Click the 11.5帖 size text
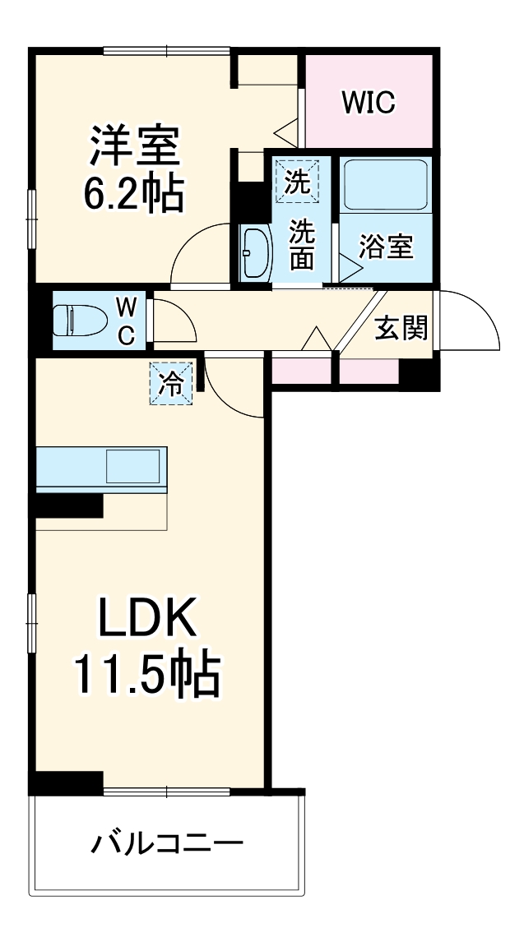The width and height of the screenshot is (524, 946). pos(148,676)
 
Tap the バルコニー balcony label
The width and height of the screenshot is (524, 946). pos(168,844)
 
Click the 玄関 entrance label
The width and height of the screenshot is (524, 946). pos(401,328)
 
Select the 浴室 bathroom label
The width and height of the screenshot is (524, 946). pos(386,247)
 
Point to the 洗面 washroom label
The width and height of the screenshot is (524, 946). pos(301,243)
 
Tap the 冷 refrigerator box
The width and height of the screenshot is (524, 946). pos(171,384)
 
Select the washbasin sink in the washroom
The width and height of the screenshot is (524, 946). pos(257,252)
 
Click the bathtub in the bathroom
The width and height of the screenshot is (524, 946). pos(386,184)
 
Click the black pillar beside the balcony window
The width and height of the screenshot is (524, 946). pos(67,782)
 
